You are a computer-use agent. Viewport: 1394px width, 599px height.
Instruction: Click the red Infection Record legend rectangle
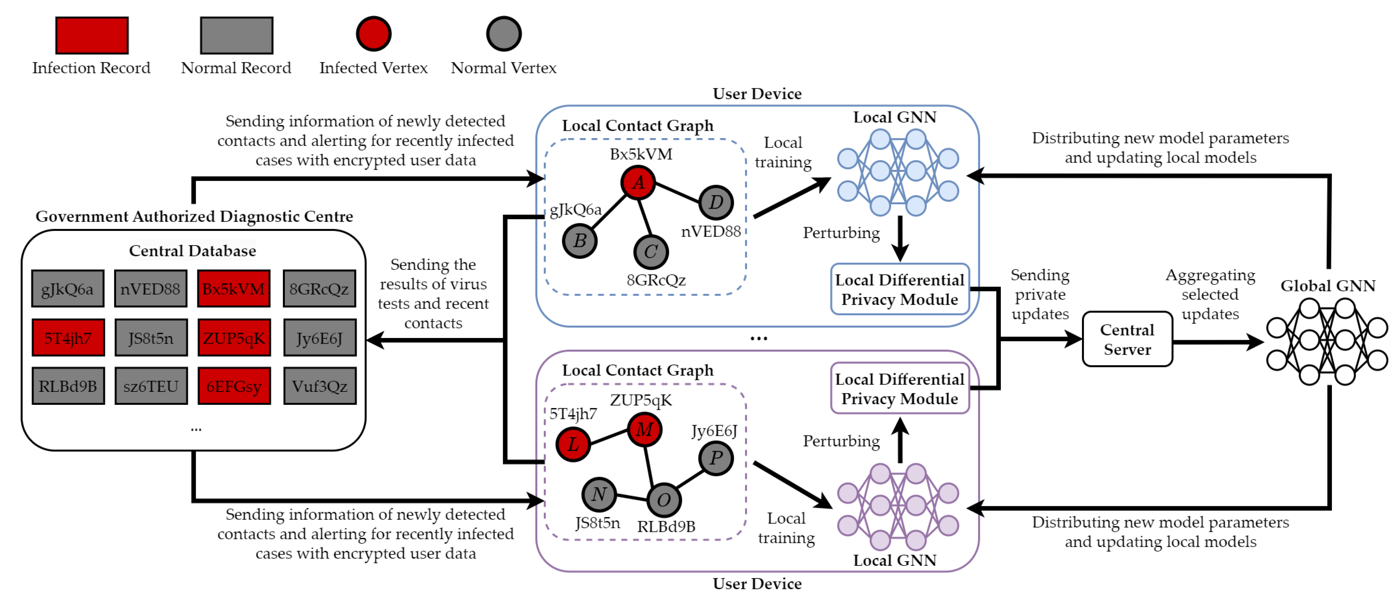click(x=92, y=35)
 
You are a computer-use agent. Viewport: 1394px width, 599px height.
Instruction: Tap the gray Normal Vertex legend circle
click(x=503, y=34)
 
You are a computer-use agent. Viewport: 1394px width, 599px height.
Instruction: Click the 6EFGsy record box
click(x=234, y=386)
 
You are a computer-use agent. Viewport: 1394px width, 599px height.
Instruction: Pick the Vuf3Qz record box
click(x=319, y=386)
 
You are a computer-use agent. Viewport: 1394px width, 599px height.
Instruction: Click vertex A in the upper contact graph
click(x=639, y=182)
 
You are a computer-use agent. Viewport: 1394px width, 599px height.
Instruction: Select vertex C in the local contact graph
click(x=650, y=252)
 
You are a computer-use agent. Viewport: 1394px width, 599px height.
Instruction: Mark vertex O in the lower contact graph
click(x=663, y=500)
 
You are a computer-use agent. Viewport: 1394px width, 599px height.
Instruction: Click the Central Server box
click(x=1127, y=339)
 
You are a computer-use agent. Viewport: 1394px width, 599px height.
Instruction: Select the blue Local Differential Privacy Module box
click(x=899, y=290)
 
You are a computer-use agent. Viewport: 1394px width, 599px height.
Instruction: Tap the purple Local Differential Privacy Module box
click(x=899, y=389)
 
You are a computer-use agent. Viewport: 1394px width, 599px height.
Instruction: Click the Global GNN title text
click(x=1327, y=286)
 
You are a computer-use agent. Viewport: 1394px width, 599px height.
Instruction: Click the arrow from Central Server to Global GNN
click(x=1218, y=342)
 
